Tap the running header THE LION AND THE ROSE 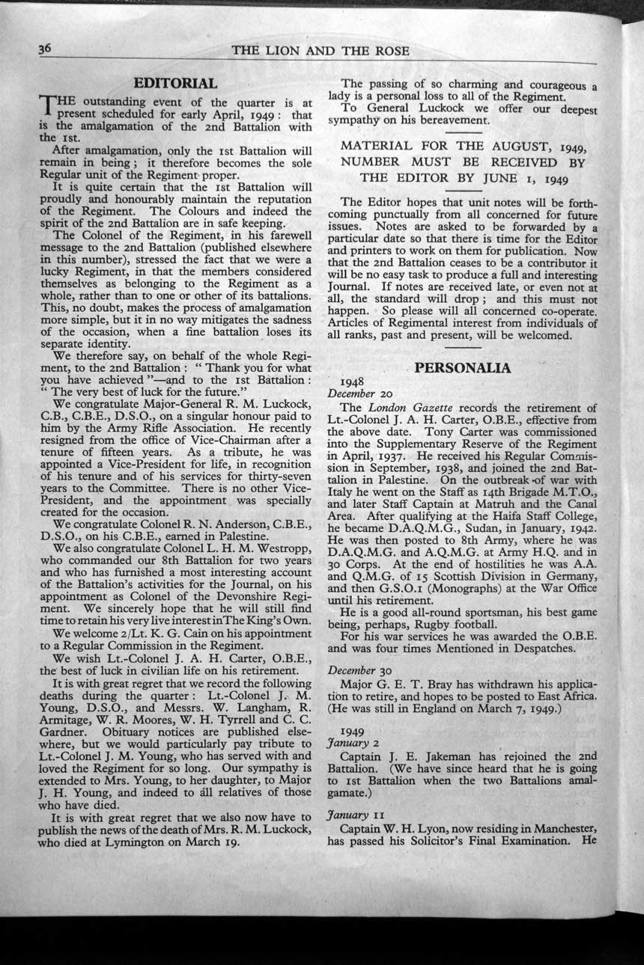(x=321, y=51)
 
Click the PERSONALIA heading (x=463, y=367)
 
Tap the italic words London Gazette (x=410, y=408)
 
